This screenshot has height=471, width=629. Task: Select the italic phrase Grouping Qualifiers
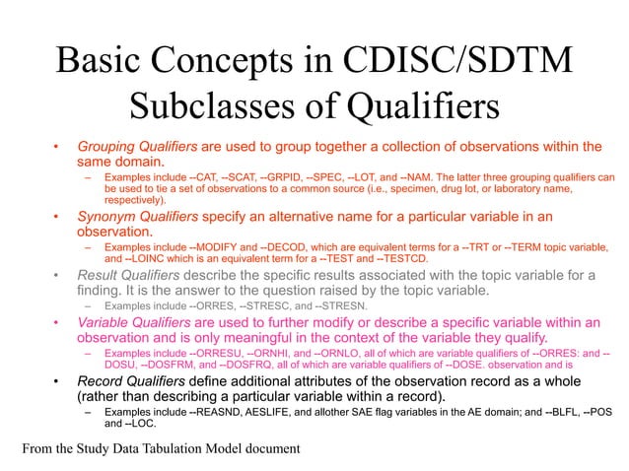coord(137,147)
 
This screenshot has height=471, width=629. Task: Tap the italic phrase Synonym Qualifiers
coord(139,216)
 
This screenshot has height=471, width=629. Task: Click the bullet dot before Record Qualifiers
coord(58,381)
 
